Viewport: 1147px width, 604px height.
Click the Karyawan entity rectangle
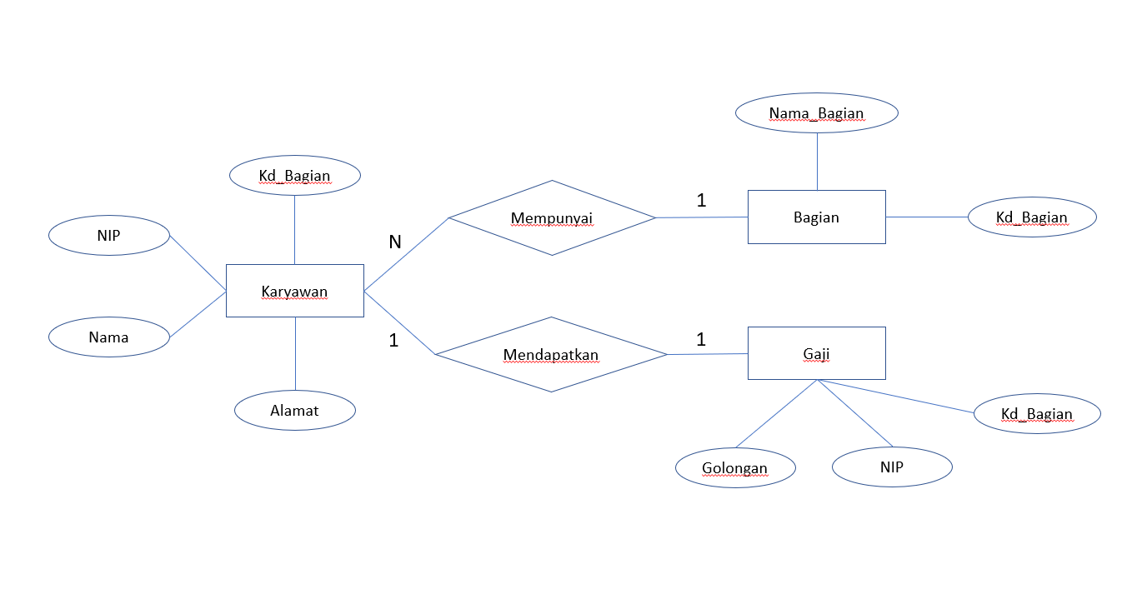tap(294, 291)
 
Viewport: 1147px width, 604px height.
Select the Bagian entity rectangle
tap(816, 217)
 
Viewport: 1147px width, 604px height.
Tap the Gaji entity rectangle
tap(816, 353)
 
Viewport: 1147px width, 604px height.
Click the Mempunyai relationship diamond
tap(552, 218)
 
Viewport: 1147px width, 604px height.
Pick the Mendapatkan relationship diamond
tap(551, 355)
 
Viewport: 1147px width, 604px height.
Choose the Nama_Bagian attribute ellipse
tap(816, 113)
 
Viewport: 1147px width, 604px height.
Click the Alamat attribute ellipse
tap(294, 410)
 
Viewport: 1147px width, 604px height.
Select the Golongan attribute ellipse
tap(734, 467)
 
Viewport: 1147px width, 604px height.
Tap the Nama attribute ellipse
tap(108, 337)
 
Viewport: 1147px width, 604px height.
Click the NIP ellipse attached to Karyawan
tap(108, 236)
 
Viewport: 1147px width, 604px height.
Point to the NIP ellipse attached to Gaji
tap(891, 467)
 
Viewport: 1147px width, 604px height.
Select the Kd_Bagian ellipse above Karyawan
tap(294, 176)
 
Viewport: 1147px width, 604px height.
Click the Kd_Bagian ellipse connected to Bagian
tap(1031, 217)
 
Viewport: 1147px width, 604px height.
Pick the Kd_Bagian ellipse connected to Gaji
tap(1036, 413)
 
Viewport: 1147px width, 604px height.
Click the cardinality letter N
tap(395, 242)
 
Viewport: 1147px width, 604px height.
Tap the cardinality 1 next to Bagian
tap(701, 200)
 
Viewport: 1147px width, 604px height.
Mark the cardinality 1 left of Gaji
tap(701, 339)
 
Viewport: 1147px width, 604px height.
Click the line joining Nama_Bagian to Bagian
tap(817, 161)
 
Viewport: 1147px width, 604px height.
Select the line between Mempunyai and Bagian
tap(702, 217)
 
